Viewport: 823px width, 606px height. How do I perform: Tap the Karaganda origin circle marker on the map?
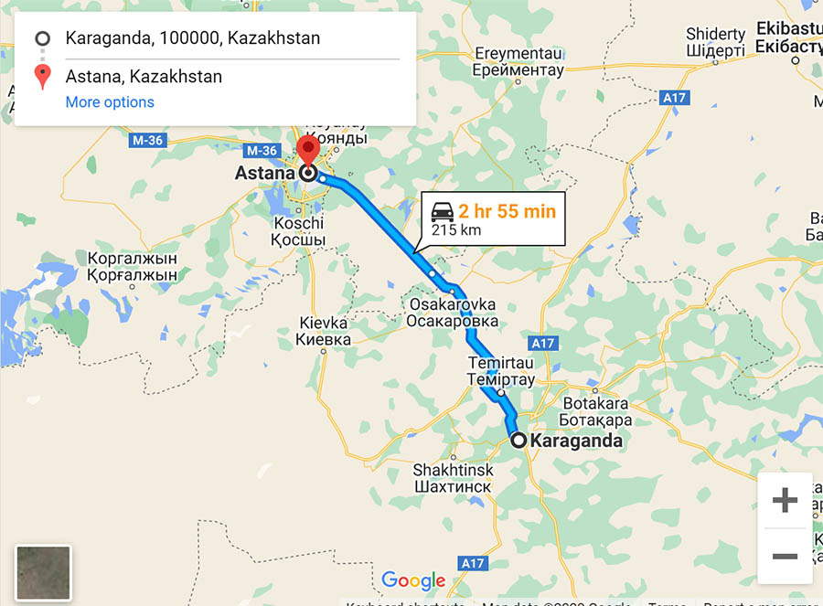(x=518, y=440)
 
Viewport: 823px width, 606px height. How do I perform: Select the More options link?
(x=110, y=102)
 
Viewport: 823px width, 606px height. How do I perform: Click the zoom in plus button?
(x=785, y=500)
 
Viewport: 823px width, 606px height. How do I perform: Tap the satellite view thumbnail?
(x=43, y=573)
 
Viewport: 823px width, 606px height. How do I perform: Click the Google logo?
(x=413, y=580)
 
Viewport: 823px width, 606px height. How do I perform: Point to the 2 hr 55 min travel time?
(x=507, y=211)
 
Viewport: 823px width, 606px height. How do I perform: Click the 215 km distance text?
(x=456, y=230)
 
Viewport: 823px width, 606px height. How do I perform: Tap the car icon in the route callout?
(x=443, y=211)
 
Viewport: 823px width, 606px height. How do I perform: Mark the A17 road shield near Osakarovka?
(x=543, y=344)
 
